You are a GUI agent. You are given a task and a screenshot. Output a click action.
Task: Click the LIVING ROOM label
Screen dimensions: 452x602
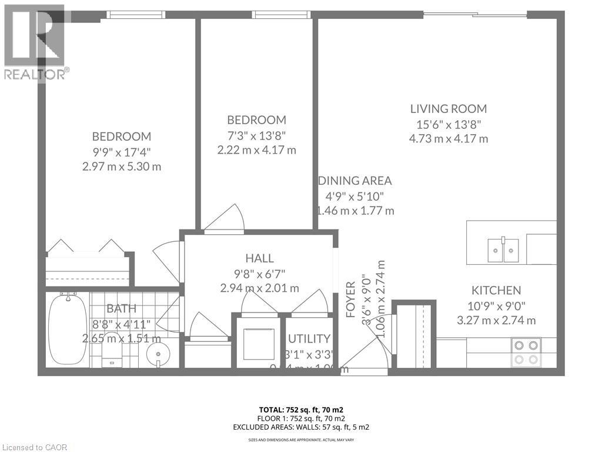coord(449,109)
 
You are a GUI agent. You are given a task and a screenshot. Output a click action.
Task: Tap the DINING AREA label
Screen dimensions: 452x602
coord(354,181)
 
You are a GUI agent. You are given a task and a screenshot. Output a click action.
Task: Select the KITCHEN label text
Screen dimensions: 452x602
coord(496,290)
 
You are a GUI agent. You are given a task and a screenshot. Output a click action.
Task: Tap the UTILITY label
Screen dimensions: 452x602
coord(309,338)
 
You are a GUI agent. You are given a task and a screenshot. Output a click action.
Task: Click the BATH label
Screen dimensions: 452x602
coord(122,308)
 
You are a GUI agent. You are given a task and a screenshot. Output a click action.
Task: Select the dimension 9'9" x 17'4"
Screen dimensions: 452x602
coord(122,152)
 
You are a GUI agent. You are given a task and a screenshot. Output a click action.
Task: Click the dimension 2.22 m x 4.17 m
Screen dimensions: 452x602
coord(256,150)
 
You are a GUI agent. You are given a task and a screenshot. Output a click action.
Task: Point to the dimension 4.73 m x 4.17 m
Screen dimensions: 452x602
coord(449,139)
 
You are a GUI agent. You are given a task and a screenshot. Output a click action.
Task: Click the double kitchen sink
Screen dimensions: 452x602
coord(503,250)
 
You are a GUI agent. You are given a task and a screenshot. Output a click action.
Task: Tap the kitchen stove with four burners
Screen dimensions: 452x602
coord(526,352)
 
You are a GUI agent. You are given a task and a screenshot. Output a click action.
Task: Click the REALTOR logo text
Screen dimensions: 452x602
coord(35,74)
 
